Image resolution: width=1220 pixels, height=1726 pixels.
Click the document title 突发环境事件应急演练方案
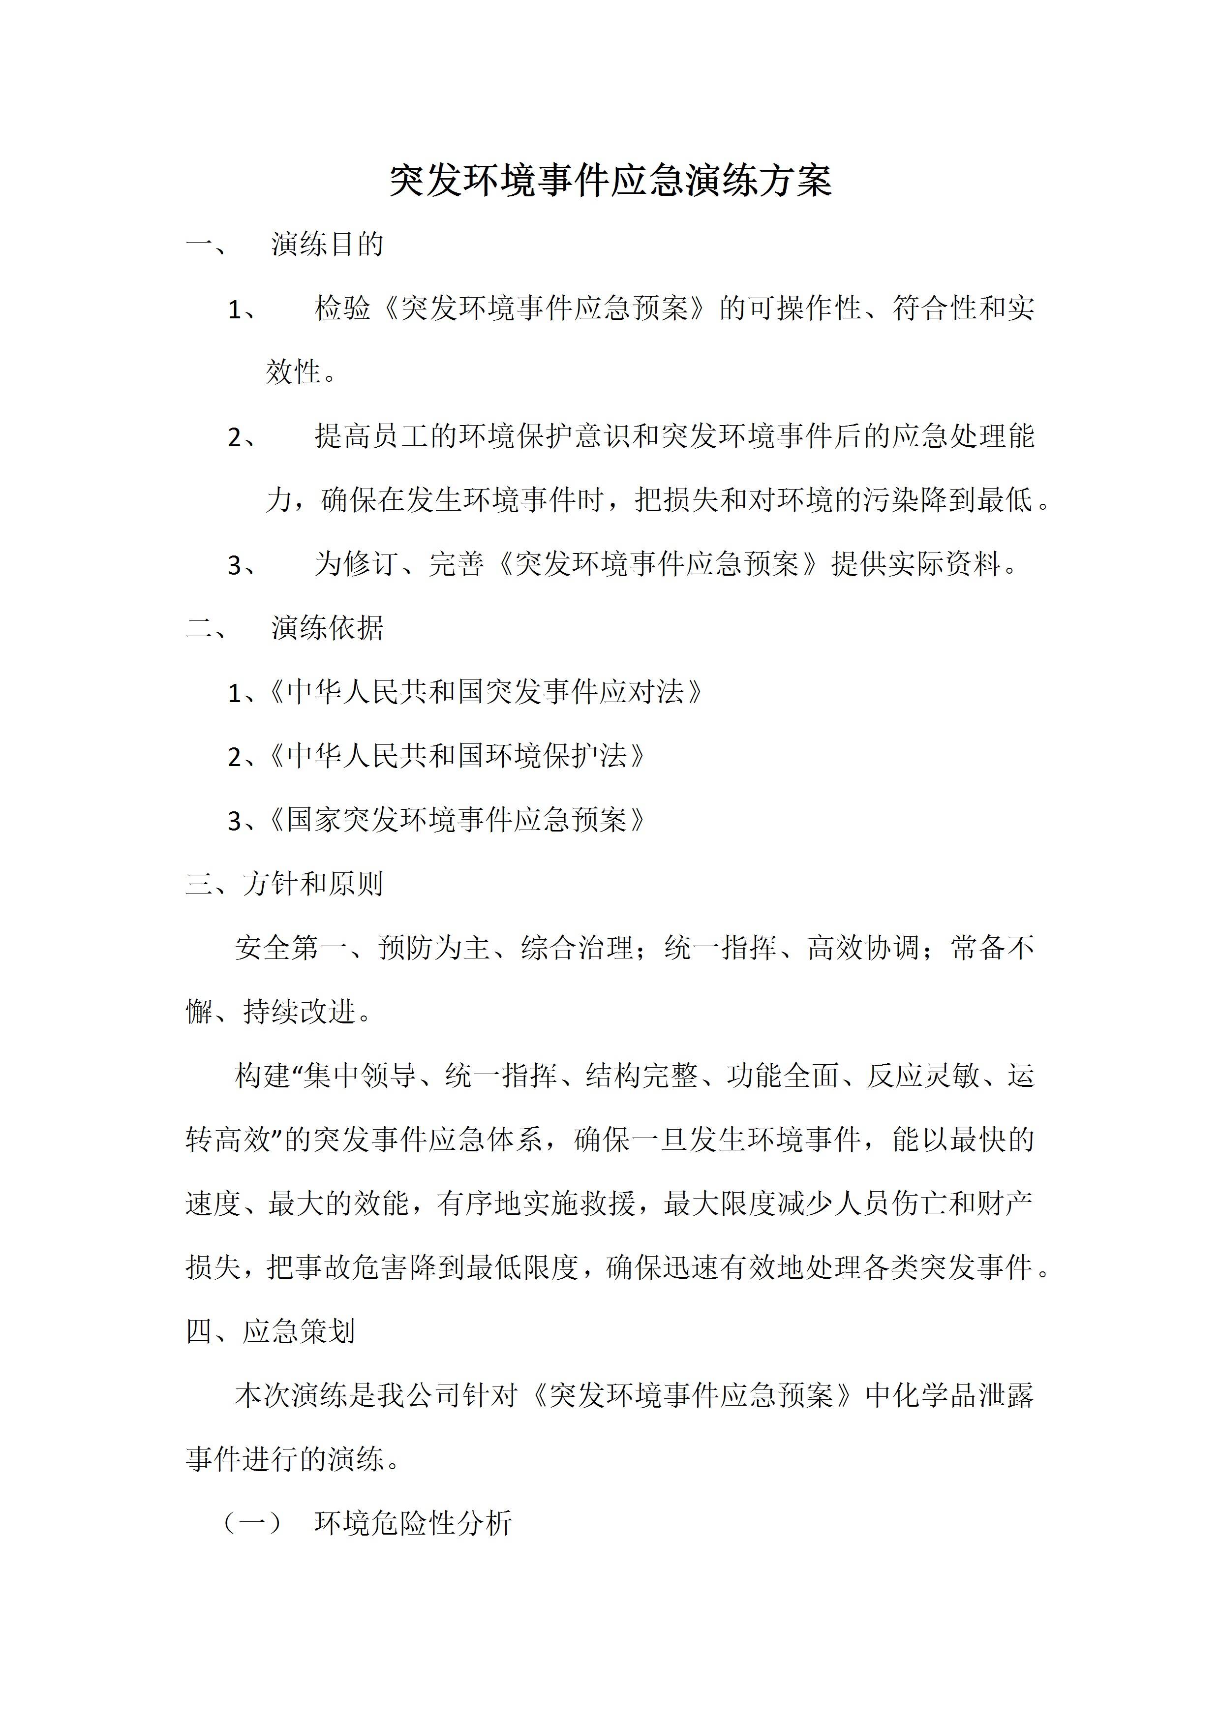point(610,181)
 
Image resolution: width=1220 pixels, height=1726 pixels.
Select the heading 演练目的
point(327,245)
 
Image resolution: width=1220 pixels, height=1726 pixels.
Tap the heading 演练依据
point(327,628)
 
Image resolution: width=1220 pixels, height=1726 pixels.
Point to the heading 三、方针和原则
point(284,884)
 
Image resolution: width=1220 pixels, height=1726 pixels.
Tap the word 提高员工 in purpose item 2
point(370,436)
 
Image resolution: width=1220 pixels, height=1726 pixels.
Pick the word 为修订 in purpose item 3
point(356,564)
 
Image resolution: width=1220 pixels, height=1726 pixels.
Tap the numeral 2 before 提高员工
point(235,437)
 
